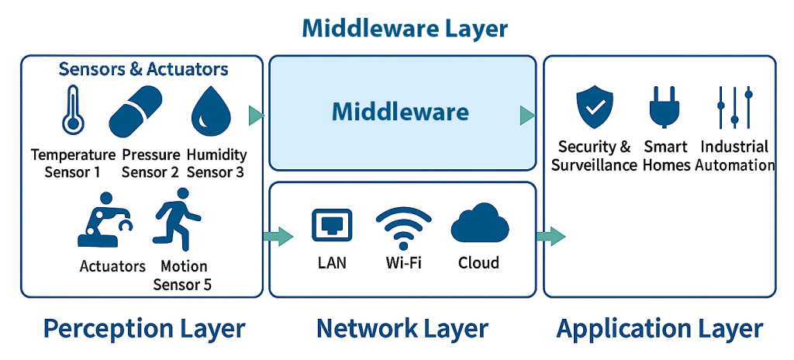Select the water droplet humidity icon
click(210, 111)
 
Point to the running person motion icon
click(177, 219)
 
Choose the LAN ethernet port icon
click(332, 225)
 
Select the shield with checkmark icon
click(595, 109)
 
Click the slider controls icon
click(734, 107)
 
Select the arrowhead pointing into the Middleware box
click(257, 116)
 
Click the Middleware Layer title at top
click(404, 29)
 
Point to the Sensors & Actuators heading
click(143, 69)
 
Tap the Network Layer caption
click(402, 328)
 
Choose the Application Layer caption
click(659, 328)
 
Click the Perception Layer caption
click(144, 328)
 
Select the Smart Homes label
click(666, 156)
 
